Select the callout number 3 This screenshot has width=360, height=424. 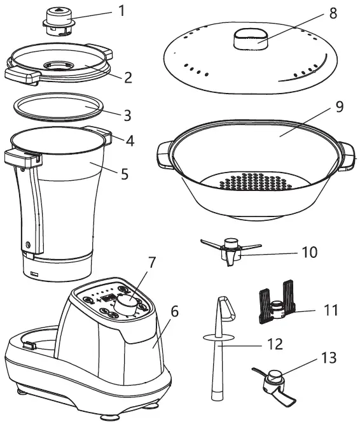[x=128, y=115]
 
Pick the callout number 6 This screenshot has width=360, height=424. [x=174, y=312]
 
